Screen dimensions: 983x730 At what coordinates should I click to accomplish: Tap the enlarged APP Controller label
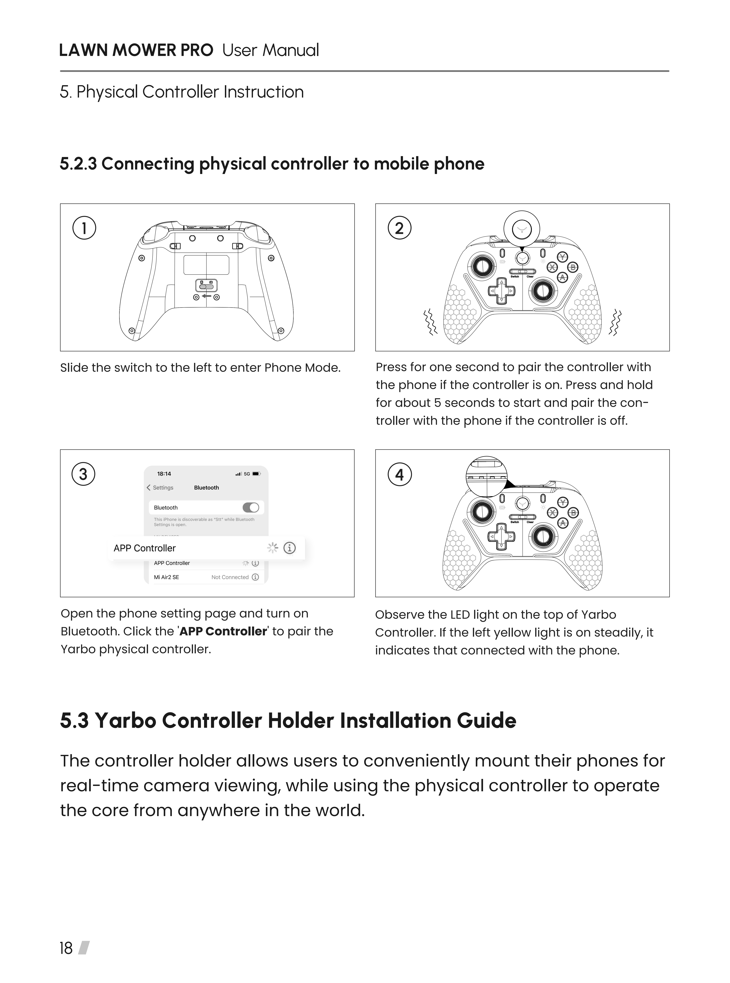[x=145, y=548]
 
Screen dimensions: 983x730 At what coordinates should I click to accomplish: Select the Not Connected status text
[x=230, y=577]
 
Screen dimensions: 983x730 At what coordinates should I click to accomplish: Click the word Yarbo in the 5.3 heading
[x=125, y=720]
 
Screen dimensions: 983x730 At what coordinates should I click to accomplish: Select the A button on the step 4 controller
[x=562, y=523]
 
